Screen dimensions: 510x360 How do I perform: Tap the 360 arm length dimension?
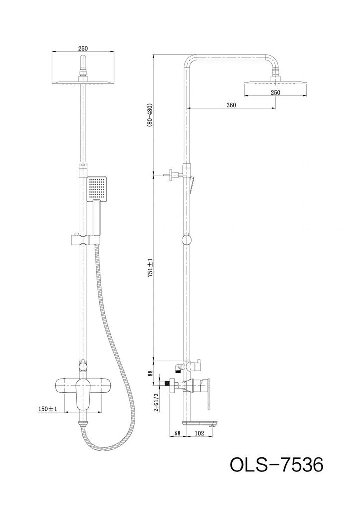pos(231,105)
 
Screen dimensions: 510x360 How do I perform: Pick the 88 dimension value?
pos(150,372)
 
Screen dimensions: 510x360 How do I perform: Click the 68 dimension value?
pos(177,433)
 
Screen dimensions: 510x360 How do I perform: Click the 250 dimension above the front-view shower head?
pos(83,48)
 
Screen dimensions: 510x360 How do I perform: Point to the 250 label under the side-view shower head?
pos(275,93)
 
